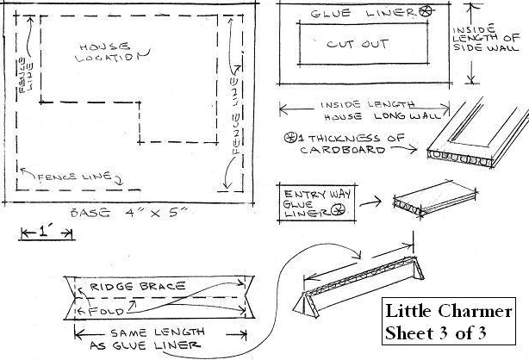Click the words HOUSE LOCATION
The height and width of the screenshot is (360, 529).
coord(112,53)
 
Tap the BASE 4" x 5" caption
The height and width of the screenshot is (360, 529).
coord(128,213)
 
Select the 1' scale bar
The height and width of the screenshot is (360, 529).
coord(47,233)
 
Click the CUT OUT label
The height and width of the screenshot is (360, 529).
coord(358,44)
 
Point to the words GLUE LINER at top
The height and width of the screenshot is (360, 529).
coord(363,13)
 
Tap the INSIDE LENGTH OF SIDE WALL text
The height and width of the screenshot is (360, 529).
coord(485,38)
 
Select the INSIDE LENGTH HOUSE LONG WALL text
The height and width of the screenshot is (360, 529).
coord(381,110)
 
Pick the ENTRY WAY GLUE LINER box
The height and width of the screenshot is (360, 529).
coord(317,203)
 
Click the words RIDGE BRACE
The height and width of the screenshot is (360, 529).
coord(138,287)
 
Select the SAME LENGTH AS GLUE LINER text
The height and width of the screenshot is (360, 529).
coord(147,338)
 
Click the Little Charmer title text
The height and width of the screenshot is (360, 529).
coord(449,311)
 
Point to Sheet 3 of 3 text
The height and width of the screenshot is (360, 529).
coord(436,333)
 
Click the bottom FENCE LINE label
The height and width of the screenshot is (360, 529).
coord(75,177)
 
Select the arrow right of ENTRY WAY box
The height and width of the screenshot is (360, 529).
coord(370,202)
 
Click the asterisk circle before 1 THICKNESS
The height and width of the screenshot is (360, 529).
coord(289,138)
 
